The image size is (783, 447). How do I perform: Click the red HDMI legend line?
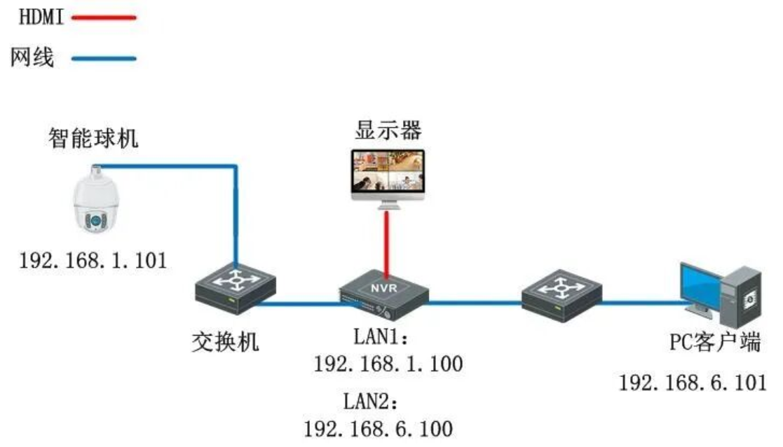[x=104, y=18]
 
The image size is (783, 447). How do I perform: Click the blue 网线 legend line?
[x=104, y=59]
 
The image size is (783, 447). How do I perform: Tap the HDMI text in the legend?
[x=41, y=17]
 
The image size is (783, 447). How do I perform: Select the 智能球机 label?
[x=93, y=138]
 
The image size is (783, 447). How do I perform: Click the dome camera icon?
[x=95, y=200]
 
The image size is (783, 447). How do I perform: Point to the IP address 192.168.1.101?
[x=93, y=261]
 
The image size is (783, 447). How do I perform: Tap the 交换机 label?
[x=225, y=342]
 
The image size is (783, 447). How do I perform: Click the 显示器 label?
[x=388, y=130]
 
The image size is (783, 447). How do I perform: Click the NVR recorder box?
[x=384, y=294]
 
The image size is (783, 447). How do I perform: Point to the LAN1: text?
[x=381, y=337]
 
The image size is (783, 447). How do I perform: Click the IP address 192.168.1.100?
[x=388, y=364]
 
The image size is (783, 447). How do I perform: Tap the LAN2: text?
[x=371, y=401]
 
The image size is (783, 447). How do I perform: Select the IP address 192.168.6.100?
[x=378, y=429]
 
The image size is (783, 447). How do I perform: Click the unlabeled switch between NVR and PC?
[x=561, y=295]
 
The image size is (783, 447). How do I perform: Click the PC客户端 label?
[x=715, y=342]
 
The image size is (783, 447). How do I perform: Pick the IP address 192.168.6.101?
[x=693, y=383]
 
